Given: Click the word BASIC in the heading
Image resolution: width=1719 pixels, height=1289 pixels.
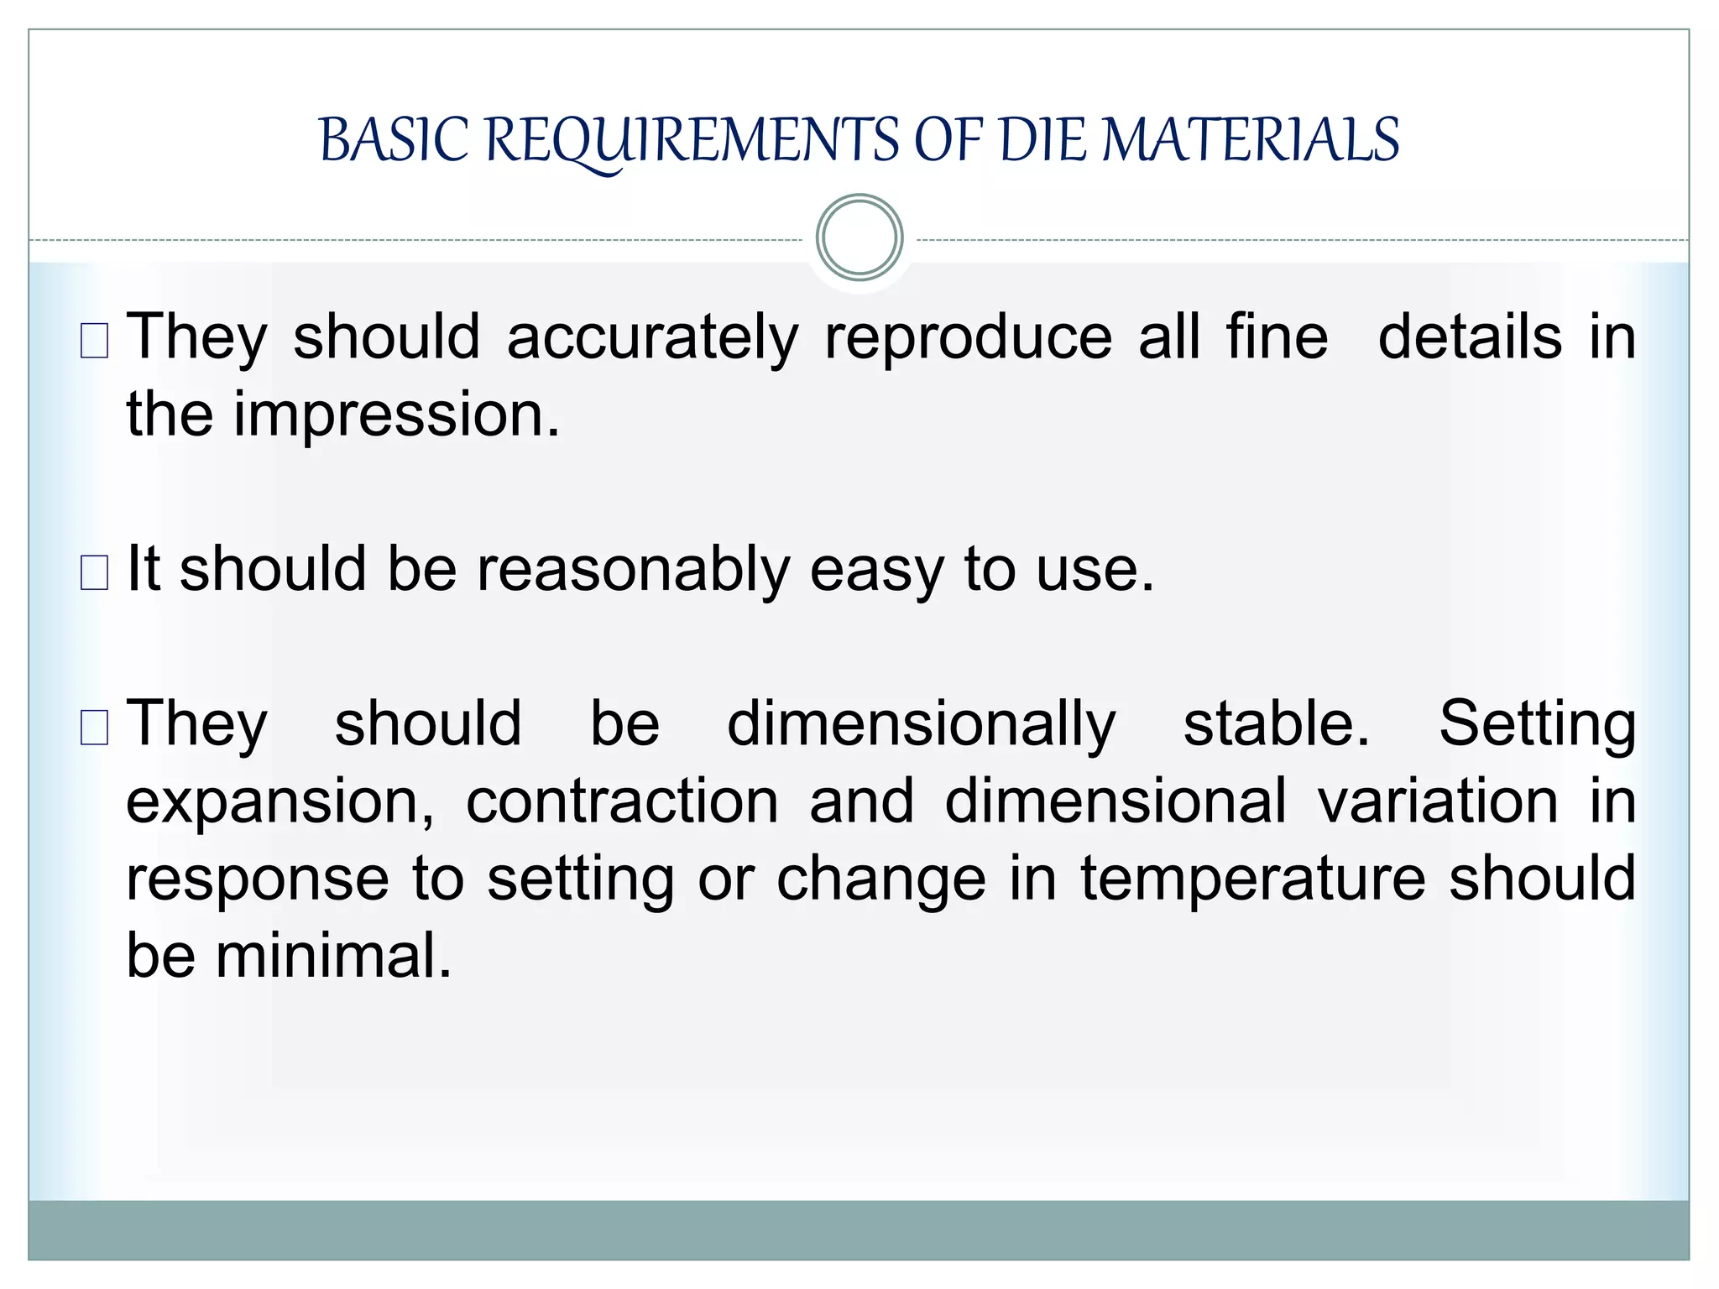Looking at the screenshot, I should click(x=393, y=140).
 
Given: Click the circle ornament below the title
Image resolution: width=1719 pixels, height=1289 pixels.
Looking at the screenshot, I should click(x=859, y=237).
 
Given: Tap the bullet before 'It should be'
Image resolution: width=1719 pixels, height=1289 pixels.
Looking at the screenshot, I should click(x=94, y=573).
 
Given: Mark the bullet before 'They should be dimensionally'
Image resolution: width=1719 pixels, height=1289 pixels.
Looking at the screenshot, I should click(x=94, y=728).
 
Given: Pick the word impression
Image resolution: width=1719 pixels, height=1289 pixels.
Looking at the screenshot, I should click(x=396, y=415).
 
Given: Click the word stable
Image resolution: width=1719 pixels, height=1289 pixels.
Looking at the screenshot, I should click(x=1276, y=723).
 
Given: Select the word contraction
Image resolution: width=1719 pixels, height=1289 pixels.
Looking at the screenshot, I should click(x=623, y=801).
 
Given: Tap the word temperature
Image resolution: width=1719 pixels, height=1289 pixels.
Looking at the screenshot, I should click(x=1253, y=879).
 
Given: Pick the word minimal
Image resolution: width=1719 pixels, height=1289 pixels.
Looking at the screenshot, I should click(x=333, y=956).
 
